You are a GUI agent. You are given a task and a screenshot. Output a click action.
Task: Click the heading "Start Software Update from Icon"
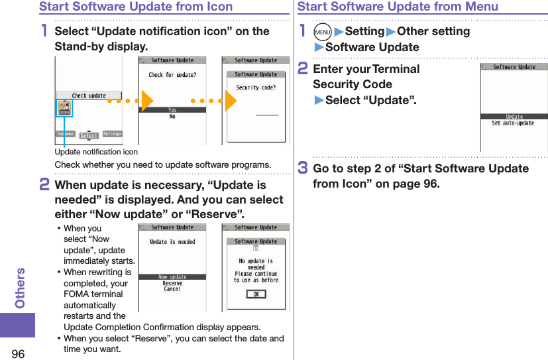[x=136, y=7]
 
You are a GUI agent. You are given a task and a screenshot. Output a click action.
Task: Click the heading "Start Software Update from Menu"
[x=398, y=7]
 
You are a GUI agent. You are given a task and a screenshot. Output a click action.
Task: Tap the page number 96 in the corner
[x=17, y=349]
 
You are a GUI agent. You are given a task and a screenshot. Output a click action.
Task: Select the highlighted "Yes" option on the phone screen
[x=172, y=110]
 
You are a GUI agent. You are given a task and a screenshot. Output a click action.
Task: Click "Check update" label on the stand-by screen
[x=89, y=95]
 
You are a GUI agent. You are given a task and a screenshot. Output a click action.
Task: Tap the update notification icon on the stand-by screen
[x=64, y=108]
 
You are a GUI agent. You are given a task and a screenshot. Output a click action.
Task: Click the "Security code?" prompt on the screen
[x=256, y=88]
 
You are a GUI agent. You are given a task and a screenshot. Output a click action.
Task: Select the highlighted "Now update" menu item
[x=172, y=276]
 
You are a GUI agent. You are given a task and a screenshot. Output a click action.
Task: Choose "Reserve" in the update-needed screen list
[x=172, y=283]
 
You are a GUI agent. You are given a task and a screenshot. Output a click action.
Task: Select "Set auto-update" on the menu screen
[x=513, y=123]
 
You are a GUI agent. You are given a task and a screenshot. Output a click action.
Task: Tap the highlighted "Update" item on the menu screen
[x=514, y=117]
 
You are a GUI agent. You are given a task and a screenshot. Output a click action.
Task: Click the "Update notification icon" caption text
[x=96, y=152]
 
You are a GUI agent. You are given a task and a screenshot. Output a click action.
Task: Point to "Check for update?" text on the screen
[x=172, y=75]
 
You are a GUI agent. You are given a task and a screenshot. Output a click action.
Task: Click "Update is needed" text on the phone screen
[x=172, y=242]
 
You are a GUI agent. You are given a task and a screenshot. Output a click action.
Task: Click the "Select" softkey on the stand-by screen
[x=89, y=136]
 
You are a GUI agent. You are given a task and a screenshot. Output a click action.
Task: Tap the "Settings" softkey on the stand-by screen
[x=113, y=134]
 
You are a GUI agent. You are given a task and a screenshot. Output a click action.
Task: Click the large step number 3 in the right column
[x=303, y=168]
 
